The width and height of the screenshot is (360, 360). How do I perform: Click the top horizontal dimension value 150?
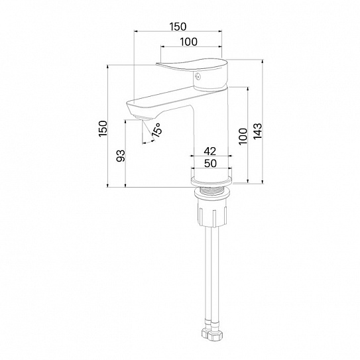(178, 27)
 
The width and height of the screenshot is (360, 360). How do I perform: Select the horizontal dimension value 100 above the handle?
(188, 42)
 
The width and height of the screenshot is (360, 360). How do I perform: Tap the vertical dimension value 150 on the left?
(103, 129)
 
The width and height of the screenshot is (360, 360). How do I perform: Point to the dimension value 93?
(121, 156)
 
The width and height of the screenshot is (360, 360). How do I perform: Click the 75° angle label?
(157, 130)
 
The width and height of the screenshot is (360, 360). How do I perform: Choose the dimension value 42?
(210, 151)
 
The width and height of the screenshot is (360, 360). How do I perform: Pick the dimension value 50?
(210, 164)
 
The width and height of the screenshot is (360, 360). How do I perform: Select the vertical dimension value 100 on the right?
(243, 137)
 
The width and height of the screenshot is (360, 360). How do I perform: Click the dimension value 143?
(258, 131)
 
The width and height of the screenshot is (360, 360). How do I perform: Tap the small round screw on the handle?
(197, 76)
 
